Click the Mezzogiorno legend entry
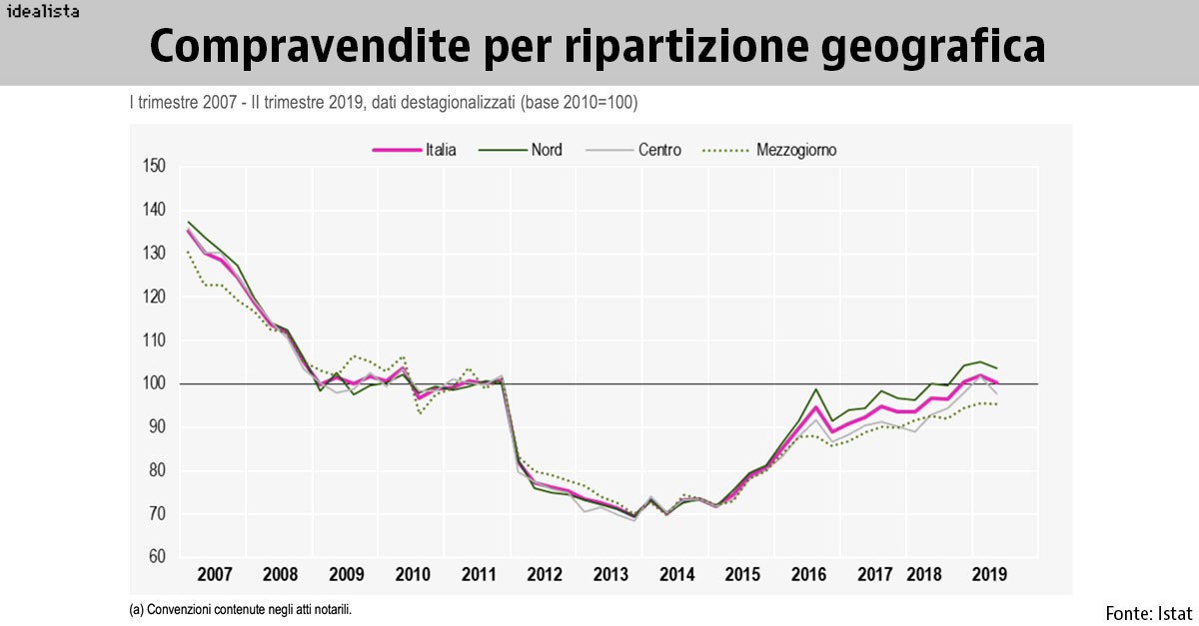769,150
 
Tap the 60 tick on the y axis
157,557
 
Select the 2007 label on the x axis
215,575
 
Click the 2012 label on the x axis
545,575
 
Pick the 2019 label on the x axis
989,575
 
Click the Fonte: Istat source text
1149,612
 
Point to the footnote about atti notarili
240,608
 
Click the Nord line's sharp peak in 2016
816,389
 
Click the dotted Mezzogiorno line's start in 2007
188,252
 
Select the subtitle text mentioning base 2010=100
384,103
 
